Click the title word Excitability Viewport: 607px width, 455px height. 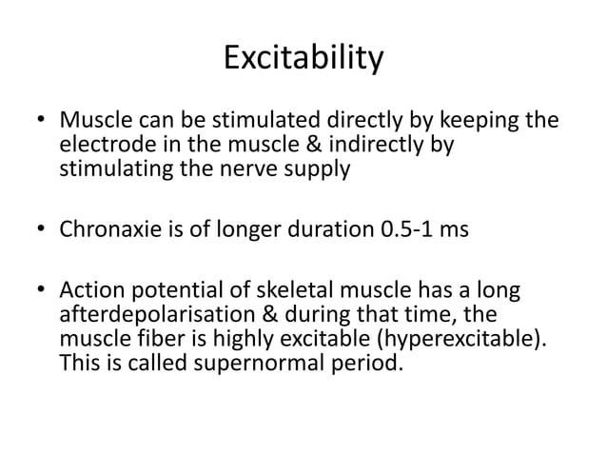click(303, 59)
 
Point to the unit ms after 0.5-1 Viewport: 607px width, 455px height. click(456, 229)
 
